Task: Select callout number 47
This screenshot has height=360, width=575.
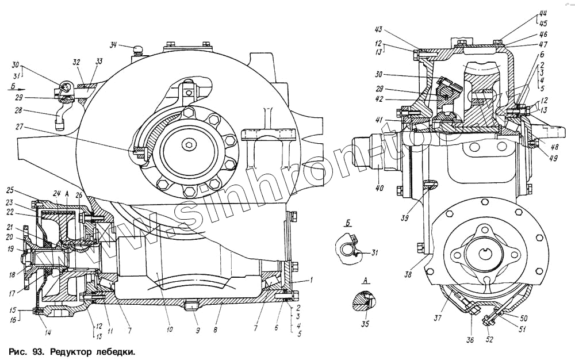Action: [543, 44]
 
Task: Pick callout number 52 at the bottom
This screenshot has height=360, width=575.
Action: [489, 339]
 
